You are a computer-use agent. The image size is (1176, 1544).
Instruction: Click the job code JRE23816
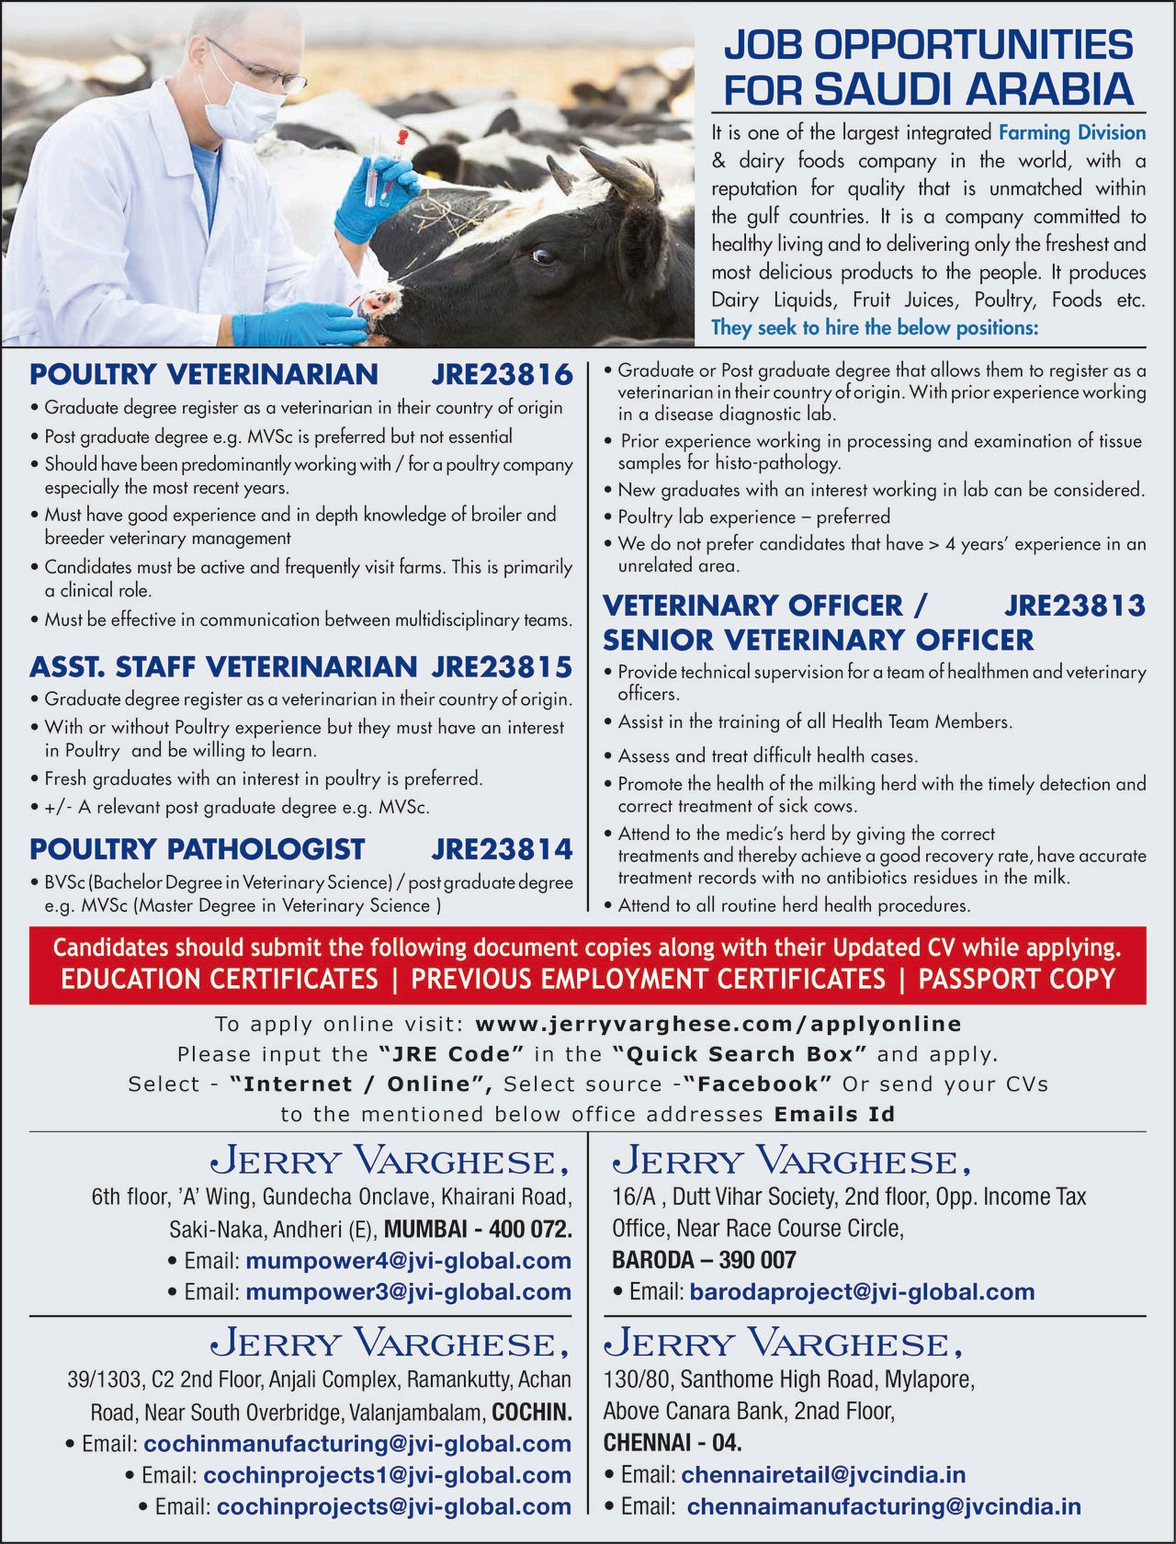tap(502, 375)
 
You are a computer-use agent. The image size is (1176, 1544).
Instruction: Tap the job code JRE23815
tap(502, 665)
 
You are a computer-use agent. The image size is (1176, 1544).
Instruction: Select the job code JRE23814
tap(502, 848)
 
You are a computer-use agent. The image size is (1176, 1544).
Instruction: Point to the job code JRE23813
tap(1075, 606)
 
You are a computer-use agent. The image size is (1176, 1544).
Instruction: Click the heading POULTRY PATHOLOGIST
tap(198, 848)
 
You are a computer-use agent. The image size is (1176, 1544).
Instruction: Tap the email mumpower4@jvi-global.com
tap(409, 1260)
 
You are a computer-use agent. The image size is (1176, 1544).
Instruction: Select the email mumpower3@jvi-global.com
tap(409, 1291)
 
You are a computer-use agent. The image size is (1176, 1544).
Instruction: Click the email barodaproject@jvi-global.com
tap(862, 1291)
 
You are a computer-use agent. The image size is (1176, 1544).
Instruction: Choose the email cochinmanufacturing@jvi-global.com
tap(357, 1444)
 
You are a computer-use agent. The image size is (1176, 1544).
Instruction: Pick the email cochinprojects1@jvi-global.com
tap(387, 1475)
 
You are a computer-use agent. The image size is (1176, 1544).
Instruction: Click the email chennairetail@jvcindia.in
tap(823, 1475)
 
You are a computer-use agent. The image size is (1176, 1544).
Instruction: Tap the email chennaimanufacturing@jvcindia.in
tap(884, 1506)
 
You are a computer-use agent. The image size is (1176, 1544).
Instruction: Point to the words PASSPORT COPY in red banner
tap(1016, 979)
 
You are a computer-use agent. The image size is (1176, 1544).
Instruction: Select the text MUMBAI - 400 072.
tap(478, 1229)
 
